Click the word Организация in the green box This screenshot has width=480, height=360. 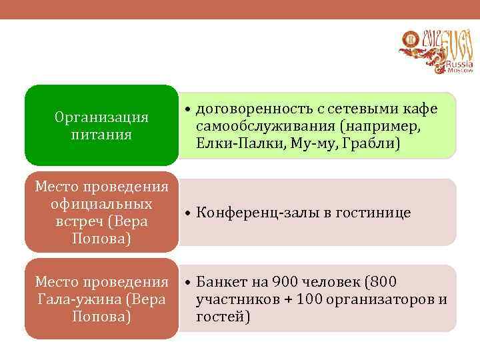click(x=101, y=118)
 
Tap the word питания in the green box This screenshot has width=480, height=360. click(x=101, y=135)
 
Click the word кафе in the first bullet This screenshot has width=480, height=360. click(x=422, y=109)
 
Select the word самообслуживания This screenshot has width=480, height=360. click(x=264, y=126)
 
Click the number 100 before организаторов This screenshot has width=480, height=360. click(x=311, y=300)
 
